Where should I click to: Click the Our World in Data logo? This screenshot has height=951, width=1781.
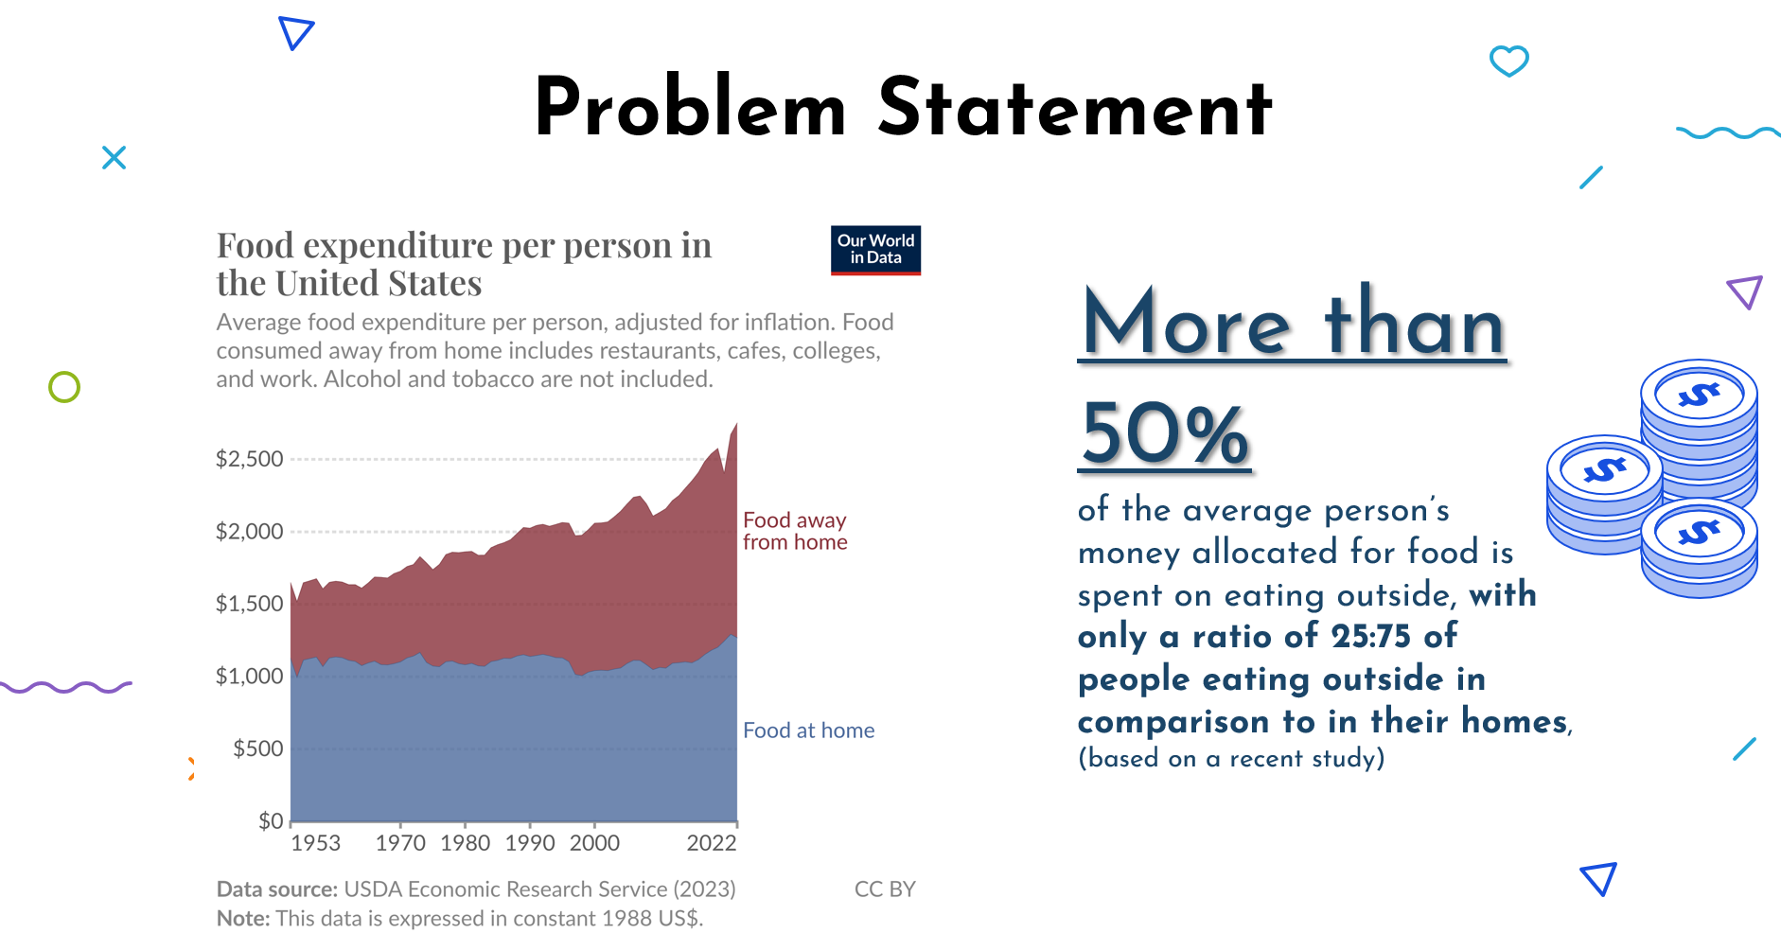[875, 250]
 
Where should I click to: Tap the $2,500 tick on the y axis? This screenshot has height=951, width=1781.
[250, 459]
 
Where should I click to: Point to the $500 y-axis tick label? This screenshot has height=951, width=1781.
[257, 748]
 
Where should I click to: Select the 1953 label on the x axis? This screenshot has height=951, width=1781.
[315, 843]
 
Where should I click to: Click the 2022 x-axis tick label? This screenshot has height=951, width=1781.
[711, 843]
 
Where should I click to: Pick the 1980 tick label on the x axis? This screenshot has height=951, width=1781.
[465, 843]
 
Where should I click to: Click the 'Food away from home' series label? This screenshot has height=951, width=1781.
[794, 531]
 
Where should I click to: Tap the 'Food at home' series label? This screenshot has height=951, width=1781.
[808, 731]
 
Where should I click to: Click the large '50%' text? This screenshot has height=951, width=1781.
[1165, 433]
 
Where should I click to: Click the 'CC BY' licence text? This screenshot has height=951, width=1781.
[885, 889]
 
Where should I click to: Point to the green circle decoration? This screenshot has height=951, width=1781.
[64, 387]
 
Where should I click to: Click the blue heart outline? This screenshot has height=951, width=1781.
[1508, 62]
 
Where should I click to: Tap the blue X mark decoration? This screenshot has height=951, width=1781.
[114, 157]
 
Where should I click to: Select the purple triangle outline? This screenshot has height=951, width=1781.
[1745, 291]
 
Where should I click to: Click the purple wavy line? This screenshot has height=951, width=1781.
[66, 687]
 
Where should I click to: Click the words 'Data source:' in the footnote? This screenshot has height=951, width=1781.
[276, 889]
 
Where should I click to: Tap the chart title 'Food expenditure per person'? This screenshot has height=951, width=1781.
[464, 246]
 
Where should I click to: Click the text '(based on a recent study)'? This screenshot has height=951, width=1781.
[1231, 758]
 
